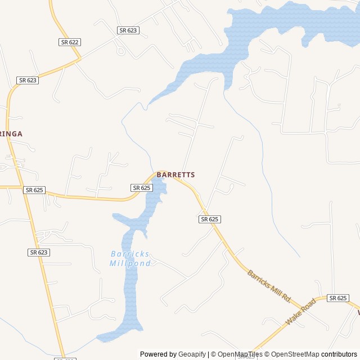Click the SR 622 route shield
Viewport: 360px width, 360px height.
(x=69, y=42)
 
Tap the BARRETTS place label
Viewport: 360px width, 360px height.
(x=175, y=175)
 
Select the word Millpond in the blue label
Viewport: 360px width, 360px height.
(x=130, y=263)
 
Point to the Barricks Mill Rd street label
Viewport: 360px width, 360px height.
(x=269, y=285)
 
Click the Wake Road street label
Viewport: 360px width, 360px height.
(x=300, y=312)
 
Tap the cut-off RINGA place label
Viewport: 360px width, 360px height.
(x=11, y=134)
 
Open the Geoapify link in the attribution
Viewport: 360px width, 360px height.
(x=192, y=354)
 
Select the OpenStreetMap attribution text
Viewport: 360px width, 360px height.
(x=295, y=354)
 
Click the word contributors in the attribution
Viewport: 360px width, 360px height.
(x=339, y=354)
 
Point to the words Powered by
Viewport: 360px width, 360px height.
(x=158, y=354)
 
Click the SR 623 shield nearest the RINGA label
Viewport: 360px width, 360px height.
(x=28, y=80)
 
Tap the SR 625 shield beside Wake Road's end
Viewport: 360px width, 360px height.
(x=338, y=298)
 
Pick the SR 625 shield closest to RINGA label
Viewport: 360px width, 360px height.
(x=34, y=190)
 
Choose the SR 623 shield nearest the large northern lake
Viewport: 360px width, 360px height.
(x=128, y=30)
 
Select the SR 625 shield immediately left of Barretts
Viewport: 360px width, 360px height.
(x=141, y=187)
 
